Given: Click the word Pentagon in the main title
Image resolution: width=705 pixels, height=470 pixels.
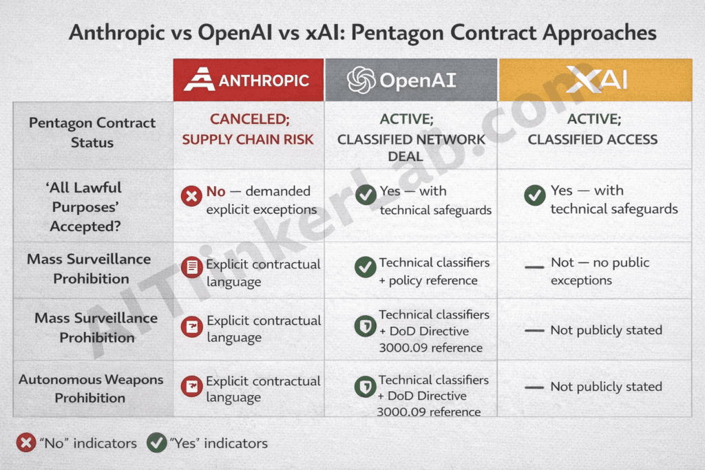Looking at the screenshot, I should (x=424, y=32).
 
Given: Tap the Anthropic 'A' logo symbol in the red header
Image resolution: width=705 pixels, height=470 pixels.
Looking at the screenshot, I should (x=200, y=79).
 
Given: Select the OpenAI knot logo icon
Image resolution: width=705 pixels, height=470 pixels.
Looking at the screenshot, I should (x=361, y=80).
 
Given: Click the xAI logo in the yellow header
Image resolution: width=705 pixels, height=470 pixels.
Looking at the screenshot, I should (x=596, y=79).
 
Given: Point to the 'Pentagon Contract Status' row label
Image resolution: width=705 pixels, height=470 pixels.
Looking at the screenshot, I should (x=92, y=133).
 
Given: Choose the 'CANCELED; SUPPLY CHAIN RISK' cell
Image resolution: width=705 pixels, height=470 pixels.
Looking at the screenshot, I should (x=248, y=129).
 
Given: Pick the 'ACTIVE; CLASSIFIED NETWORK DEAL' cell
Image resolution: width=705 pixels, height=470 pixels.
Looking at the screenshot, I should (x=411, y=138).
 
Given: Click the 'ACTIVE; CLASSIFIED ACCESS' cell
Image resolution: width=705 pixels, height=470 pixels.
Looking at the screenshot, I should (x=593, y=129).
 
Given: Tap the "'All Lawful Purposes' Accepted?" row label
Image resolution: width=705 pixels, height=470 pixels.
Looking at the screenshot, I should (x=85, y=206).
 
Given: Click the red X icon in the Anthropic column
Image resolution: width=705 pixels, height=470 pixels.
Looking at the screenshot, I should (x=191, y=197).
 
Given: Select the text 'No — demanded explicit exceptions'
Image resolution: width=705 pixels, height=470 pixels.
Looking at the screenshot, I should (x=260, y=200).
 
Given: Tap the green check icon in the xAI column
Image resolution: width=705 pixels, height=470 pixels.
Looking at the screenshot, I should (x=534, y=195).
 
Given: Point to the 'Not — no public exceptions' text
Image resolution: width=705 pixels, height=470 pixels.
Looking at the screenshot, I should (x=600, y=271).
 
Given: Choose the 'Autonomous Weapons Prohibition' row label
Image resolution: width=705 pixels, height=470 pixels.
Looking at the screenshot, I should (x=90, y=388).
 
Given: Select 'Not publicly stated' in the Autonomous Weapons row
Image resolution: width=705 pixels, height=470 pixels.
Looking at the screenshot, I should (x=606, y=387).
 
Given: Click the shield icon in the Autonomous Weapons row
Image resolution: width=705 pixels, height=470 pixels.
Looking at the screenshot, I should (x=365, y=387).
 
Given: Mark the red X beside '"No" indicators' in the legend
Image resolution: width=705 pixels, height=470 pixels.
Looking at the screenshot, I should (x=26, y=442).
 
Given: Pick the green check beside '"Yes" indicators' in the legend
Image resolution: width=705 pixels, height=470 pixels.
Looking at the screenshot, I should (x=157, y=442).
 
